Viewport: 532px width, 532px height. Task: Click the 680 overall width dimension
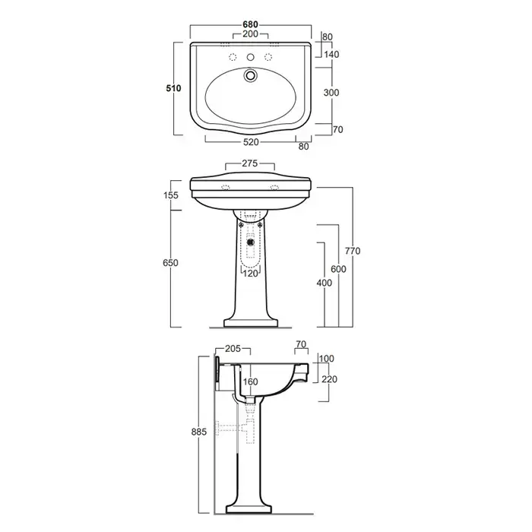point(250,24)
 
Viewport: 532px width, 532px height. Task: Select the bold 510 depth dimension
point(173,88)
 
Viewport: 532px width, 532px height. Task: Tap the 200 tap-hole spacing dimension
point(250,34)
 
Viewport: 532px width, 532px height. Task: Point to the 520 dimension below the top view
point(251,142)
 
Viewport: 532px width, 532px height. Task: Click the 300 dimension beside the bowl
point(331,93)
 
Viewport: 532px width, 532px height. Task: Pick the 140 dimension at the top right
point(331,54)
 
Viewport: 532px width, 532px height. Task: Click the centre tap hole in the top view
point(250,57)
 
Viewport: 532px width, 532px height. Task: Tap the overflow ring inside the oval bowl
point(250,75)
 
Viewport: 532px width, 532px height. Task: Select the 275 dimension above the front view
point(250,163)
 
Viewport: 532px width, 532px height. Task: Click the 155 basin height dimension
point(171,195)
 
